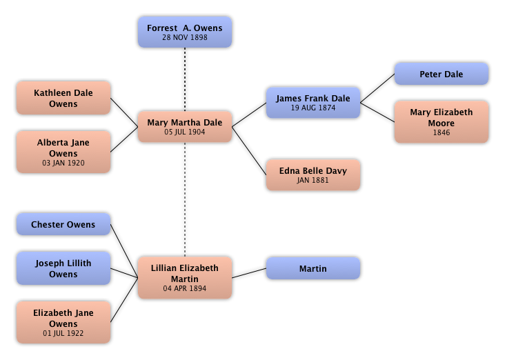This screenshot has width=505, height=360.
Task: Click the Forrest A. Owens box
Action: (x=185, y=32)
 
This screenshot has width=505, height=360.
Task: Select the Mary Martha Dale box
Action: (x=185, y=126)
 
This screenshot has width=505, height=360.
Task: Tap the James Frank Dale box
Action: (x=313, y=103)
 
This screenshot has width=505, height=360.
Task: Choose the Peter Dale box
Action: (x=442, y=74)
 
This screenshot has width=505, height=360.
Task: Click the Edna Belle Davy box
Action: (x=313, y=175)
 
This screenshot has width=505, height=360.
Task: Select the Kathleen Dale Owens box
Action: (x=63, y=98)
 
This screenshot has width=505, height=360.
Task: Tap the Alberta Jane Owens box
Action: (x=63, y=152)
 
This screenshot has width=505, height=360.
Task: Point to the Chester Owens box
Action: (x=63, y=225)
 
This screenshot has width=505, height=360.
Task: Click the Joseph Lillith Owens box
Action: (x=63, y=268)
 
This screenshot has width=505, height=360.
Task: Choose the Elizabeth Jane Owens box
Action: (x=63, y=322)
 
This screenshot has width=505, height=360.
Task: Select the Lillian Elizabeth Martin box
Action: (x=185, y=277)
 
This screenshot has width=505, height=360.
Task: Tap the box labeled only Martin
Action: (x=313, y=268)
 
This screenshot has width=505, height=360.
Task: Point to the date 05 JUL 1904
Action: (x=185, y=132)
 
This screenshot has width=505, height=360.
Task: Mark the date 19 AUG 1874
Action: (x=313, y=108)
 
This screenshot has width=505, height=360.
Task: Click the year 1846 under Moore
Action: (x=442, y=133)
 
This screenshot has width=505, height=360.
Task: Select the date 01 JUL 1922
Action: (x=63, y=333)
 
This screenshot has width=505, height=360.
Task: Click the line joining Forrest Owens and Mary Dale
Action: (x=185, y=79)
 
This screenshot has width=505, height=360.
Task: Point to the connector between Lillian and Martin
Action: (x=250, y=273)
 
